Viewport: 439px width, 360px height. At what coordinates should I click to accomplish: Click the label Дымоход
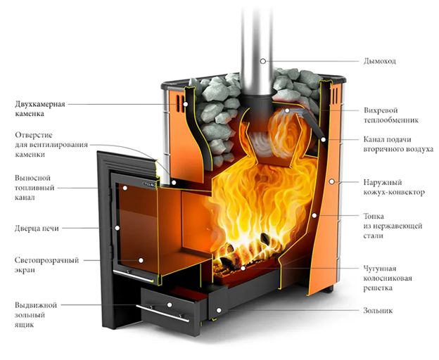coord(380,61)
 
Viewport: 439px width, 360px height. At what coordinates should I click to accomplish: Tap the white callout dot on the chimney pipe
coord(262,60)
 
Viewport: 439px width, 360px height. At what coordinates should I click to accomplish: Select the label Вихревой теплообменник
coord(391,115)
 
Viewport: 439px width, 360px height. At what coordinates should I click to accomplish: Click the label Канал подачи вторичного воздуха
coord(398,144)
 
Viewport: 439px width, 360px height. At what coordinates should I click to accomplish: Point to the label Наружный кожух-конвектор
coord(394,187)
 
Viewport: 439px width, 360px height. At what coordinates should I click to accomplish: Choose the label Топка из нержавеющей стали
coord(393,226)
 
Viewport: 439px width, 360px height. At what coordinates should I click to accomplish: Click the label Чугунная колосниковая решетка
coord(388,278)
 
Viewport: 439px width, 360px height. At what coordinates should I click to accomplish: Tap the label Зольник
coord(378,310)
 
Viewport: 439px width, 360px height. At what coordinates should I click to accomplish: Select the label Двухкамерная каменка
coord(40,109)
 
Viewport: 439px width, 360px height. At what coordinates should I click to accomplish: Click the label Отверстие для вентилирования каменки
coord(51,145)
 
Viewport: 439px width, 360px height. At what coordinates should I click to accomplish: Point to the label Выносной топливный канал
coord(34,188)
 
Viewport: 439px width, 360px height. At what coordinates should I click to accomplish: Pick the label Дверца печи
coord(37,229)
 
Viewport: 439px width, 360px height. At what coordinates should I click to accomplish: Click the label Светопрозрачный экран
coord(46,265)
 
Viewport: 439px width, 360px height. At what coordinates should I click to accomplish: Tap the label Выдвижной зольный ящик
coord(36,315)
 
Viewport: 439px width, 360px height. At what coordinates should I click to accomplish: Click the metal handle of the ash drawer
coord(163,314)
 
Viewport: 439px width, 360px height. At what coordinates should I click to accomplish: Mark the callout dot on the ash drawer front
coord(170,304)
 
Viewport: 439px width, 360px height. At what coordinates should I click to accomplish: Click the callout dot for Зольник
coord(219,310)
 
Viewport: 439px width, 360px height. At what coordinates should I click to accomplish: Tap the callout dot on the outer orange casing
coord(331,181)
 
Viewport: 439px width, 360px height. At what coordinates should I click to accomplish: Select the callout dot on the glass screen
coord(141,260)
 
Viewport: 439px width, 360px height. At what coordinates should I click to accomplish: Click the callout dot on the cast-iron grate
coord(243,268)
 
